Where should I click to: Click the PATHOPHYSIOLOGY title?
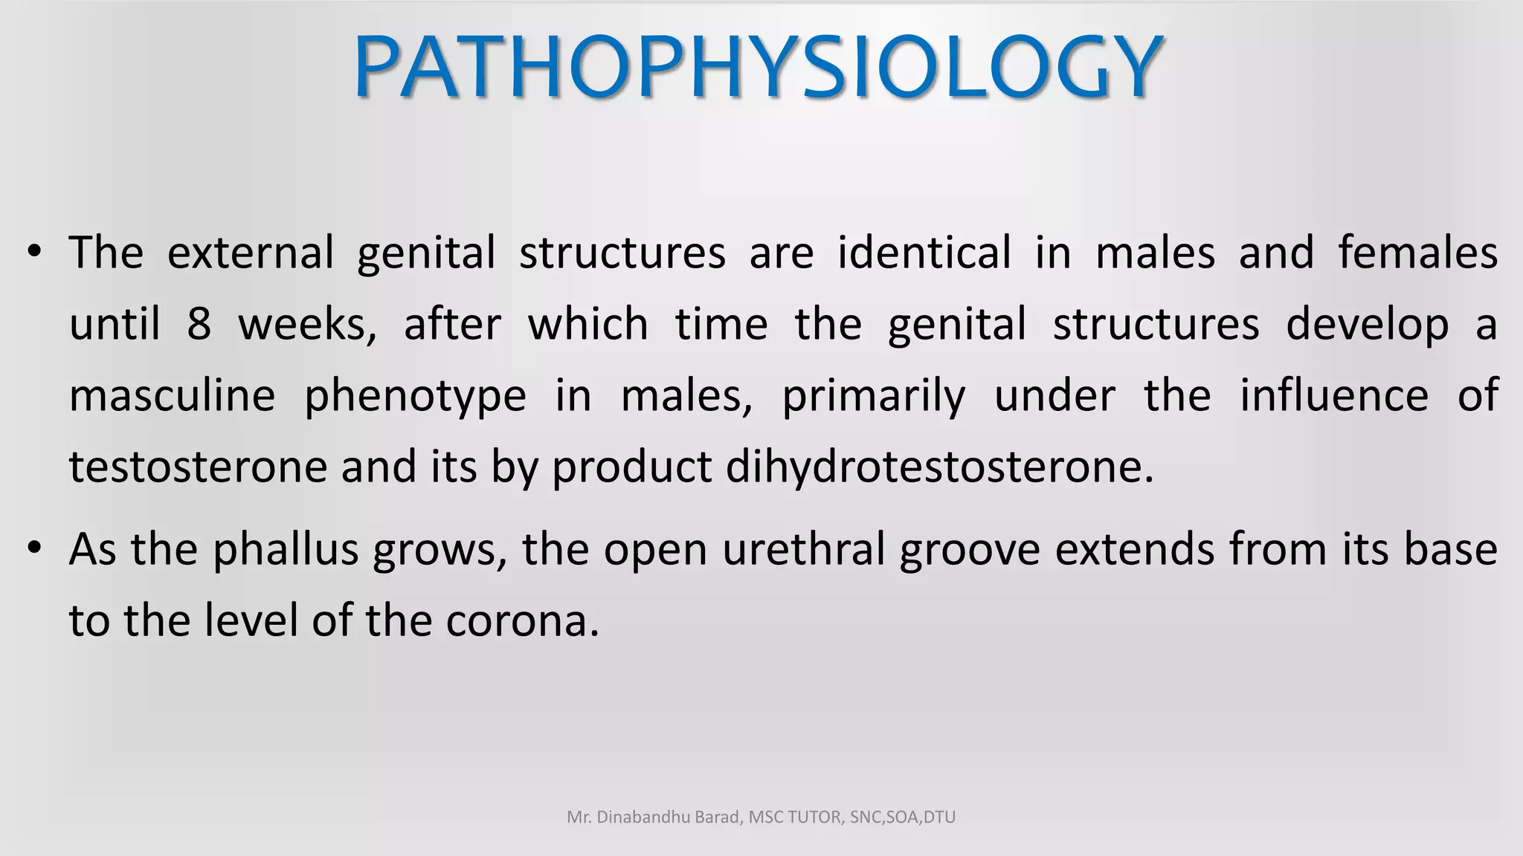point(759,67)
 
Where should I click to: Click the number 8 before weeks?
point(199,325)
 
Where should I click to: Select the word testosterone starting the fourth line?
point(198,467)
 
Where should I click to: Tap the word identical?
point(924,253)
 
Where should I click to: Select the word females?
point(1417,253)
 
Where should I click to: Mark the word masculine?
point(172,395)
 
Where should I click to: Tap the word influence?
point(1333,395)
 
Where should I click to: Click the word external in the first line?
point(250,253)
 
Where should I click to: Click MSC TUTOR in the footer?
point(796,817)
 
